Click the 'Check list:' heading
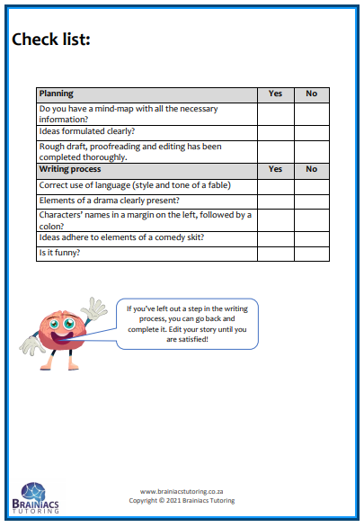coord(50,40)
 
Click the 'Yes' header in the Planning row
coord(275,94)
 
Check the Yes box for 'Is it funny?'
coord(275,254)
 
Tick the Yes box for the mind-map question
coord(275,113)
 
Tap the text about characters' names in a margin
coord(144,219)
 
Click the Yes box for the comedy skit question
coord(275,238)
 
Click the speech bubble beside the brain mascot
coord(188,323)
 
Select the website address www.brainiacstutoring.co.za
coord(182,491)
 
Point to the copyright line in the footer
coord(182,500)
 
